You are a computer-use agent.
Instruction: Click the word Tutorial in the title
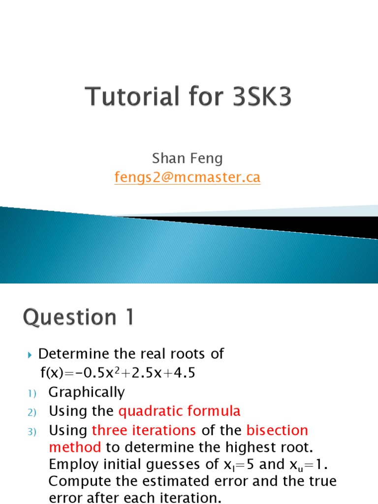tap(127, 97)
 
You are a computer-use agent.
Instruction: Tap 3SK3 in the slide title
tap(256, 97)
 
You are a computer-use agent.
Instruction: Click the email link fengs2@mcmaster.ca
tap(187, 177)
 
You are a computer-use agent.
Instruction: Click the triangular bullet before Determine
tap(29, 354)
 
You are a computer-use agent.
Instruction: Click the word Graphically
tap(87, 393)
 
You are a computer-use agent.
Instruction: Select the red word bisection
tap(277, 431)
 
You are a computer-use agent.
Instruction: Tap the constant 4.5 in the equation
tap(185, 373)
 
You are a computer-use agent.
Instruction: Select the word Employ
tap(70, 465)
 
